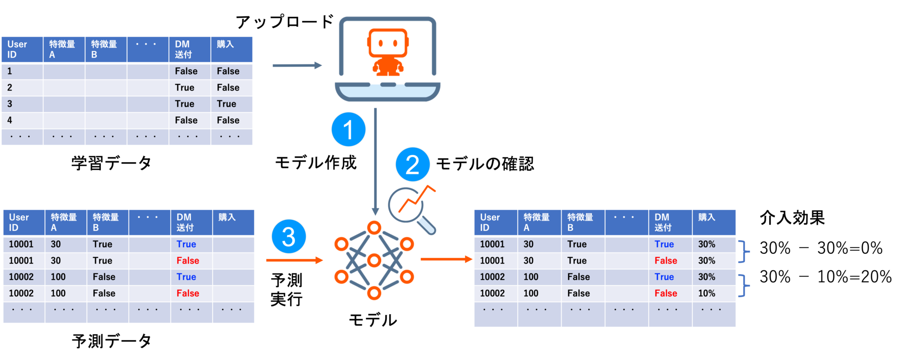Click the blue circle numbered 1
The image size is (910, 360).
point(348,129)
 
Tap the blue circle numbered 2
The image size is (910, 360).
point(412,164)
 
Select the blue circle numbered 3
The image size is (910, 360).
point(288,236)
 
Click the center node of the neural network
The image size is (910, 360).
point(374,260)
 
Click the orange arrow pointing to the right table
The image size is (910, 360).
point(446,259)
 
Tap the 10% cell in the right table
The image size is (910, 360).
point(706,293)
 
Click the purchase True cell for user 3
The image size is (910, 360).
point(227,104)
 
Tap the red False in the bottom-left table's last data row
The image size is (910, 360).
point(188,293)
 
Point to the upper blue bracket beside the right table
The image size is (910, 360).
point(744,252)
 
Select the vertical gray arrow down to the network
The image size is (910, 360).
point(375,160)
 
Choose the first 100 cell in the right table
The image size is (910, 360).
point(531,277)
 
